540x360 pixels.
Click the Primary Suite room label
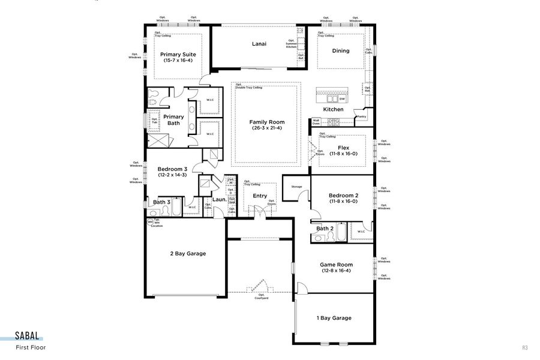coord(178,55)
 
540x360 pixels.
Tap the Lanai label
coord(259,44)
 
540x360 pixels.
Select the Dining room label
coord(341,51)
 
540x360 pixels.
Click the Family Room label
coord(267,122)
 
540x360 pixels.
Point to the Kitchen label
coord(334,110)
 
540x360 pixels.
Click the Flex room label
coord(343,148)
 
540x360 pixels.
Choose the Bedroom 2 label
coord(343,196)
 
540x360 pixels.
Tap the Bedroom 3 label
coord(172,169)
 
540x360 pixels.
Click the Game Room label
coord(336,265)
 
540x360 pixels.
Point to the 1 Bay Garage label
coord(334,318)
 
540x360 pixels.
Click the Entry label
coord(260,196)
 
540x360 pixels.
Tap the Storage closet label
coord(296,187)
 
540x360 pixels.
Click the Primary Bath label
coord(173,120)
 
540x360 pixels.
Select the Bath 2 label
coord(325,229)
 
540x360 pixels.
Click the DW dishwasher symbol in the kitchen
coord(342,99)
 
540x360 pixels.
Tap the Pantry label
coord(361,117)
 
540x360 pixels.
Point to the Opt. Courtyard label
coord(262,296)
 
